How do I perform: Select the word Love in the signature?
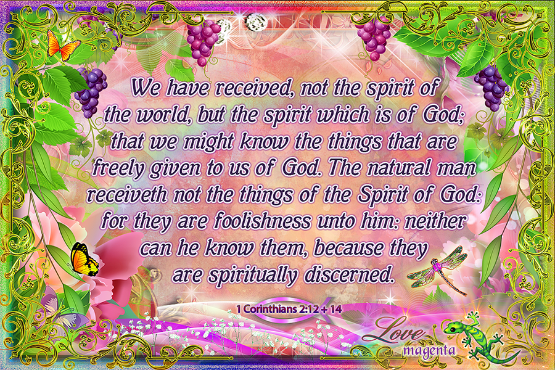coord(393,331)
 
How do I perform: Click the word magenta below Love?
coord(429,350)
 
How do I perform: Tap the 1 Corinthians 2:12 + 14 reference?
coord(289,309)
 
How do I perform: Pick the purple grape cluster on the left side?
coord(91,92)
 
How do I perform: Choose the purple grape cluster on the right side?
coord(491,87)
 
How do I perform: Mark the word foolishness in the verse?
coord(262,221)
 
